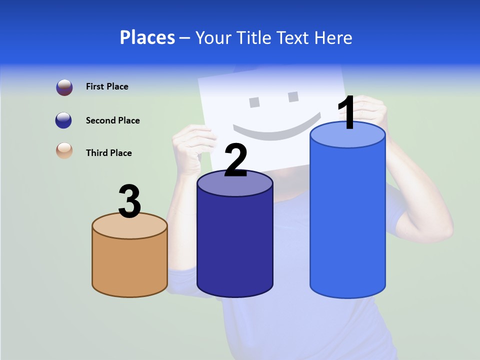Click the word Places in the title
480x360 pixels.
(147, 37)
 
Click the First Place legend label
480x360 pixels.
(107, 86)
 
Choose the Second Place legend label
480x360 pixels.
(112, 120)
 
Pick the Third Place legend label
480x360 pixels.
(108, 153)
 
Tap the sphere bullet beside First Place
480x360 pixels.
(64, 87)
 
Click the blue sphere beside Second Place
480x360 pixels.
(64, 120)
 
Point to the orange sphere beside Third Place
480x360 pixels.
(64, 150)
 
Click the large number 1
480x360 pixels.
(346, 113)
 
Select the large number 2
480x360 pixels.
(235, 160)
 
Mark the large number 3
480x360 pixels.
(129, 201)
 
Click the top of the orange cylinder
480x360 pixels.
(129, 226)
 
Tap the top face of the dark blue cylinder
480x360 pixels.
(235, 183)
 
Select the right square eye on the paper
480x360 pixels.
(293, 96)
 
